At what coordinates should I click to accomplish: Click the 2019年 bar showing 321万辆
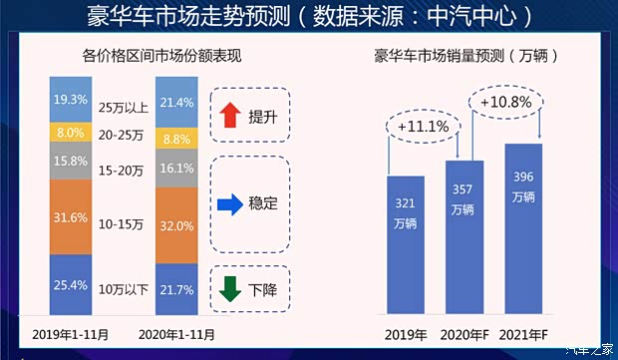point(405,248)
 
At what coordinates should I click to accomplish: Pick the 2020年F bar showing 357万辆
point(463,240)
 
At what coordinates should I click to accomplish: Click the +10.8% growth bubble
point(507,102)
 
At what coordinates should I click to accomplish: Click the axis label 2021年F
point(524,334)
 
